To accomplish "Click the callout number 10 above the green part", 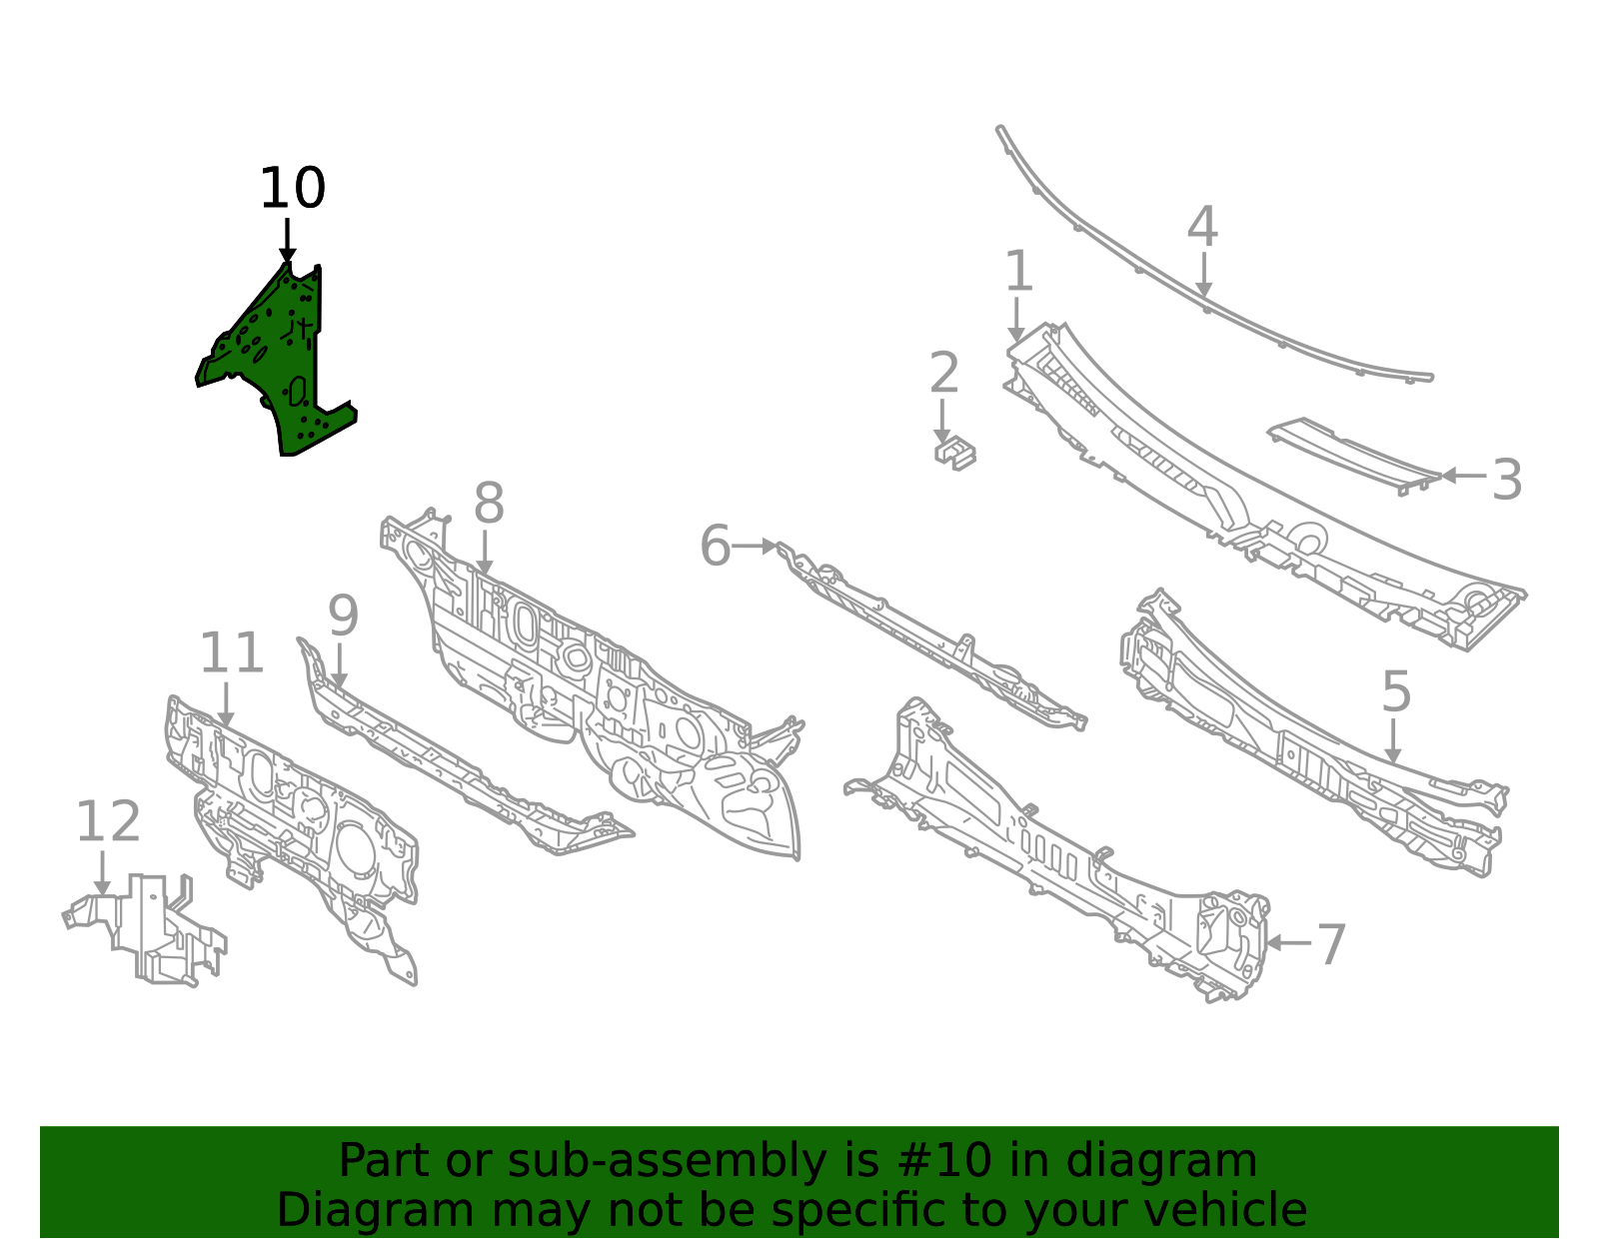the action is [x=292, y=188].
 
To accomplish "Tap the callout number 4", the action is [x=1202, y=227].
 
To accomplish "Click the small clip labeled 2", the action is [x=954, y=453].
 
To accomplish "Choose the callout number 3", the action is [x=1506, y=480].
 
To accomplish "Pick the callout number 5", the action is [x=1396, y=691].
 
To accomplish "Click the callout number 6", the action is [x=715, y=547].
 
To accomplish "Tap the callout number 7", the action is [x=1331, y=945].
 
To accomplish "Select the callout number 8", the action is [x=489, y=504].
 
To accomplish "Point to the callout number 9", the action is [x=343, y=616].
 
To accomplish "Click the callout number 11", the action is [x=231, y=652].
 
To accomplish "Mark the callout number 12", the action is [x=108, y=821].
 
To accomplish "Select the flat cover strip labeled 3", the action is [x=1352, y=456].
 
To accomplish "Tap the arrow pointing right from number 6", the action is [x=755, y=547].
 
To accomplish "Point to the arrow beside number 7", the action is [x=1288, y=943].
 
